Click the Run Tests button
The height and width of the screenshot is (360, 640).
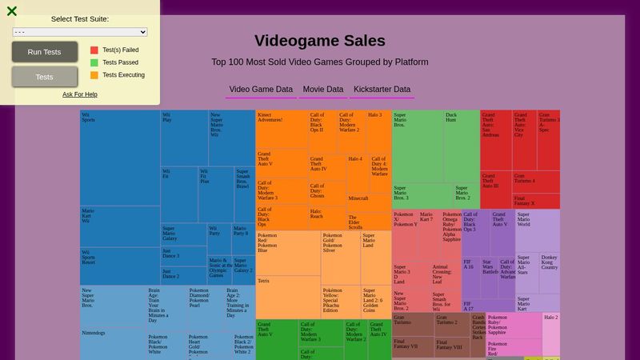(x=44, y=52)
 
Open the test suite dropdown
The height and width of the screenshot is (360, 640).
(x=80, y=32)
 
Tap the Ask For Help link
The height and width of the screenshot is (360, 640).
(x=80, y=94)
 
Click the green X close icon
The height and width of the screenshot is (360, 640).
(x=12, y=11)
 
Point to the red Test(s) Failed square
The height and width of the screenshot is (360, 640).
(x=94, y=50)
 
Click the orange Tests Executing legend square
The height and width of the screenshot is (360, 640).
(x=94, y=75)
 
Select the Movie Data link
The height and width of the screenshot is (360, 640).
(x=322, y=90)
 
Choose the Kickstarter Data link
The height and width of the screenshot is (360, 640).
(x=382, y=90)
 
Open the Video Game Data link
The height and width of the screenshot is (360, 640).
(x=261, y=90)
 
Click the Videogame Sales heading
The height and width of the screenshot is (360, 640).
(x=319, y=41)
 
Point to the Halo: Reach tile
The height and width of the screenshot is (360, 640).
(x=327, y=218)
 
